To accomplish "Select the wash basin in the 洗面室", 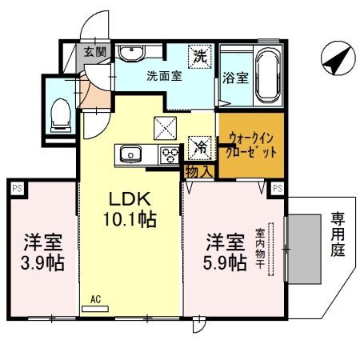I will coord(132,54).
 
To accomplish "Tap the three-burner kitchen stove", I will coord(170,154).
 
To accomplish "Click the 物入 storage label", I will coord(198,170).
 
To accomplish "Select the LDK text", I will coord(127,198).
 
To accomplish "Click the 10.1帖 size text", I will coord(128,218).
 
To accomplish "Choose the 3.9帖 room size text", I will coord(42,262).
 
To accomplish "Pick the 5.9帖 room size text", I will coord(225,262).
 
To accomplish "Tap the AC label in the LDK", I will coord(95,299).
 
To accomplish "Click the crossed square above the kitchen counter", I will coord(166,126).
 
